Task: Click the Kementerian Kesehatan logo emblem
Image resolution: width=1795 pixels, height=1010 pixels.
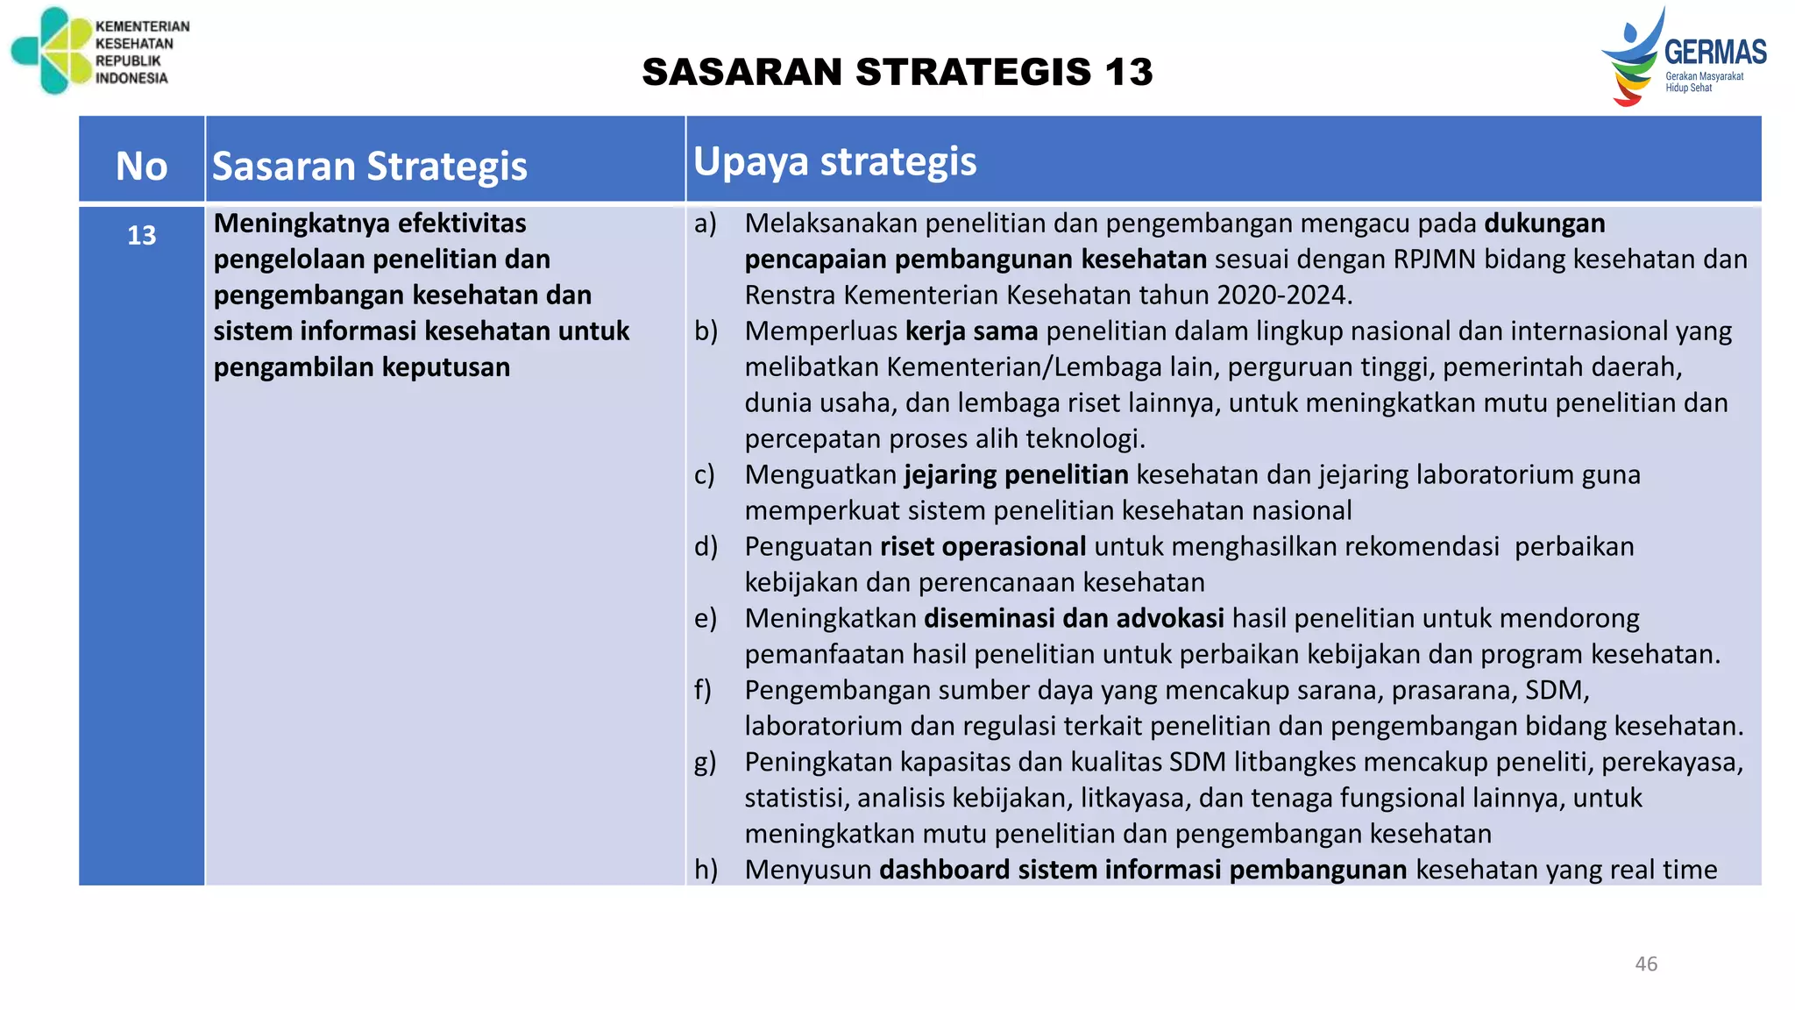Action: click(51, 50)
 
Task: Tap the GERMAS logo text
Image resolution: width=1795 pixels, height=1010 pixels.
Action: click(1715, 53)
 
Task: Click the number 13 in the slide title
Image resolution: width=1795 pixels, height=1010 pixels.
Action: click(1129, 72)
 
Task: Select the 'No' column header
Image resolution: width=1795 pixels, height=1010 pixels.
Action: click(141, 166)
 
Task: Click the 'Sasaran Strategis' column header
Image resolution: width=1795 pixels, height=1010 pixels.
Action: click(369, 166)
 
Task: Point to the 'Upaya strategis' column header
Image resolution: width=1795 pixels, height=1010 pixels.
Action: click(834, 161)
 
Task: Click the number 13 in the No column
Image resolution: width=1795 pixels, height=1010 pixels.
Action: click(141, 235)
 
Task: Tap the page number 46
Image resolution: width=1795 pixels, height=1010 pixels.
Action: click(1646, 964)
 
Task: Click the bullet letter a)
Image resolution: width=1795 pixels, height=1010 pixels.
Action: click(706, 224)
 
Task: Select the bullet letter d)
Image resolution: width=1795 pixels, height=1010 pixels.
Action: click(706, 547)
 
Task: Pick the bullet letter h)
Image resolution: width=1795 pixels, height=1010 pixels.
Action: click(706, 870)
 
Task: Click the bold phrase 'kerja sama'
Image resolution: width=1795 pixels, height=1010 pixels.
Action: click(971, 331)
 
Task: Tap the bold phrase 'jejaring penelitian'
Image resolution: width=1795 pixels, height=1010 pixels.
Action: click(1016, 475)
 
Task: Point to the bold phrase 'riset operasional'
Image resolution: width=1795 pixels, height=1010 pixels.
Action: click(983, 547)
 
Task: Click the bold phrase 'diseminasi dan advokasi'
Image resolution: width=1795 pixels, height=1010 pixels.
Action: click(1074, 619)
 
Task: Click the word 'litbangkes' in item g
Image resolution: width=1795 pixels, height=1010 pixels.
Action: click(1295, 763)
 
